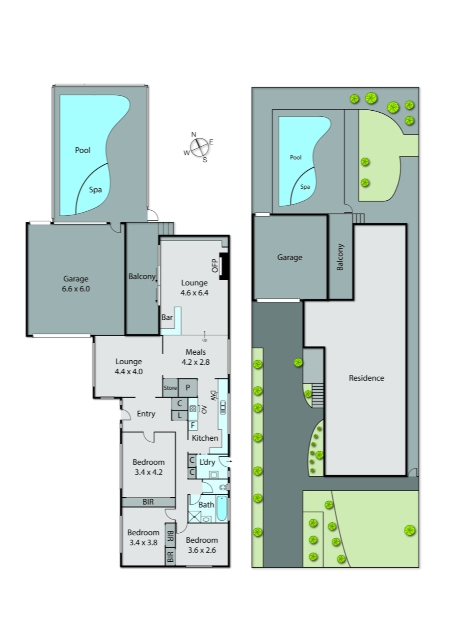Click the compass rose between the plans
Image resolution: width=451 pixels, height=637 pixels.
tap(199, 147)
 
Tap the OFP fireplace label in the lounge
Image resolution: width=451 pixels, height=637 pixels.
tap(215, 265)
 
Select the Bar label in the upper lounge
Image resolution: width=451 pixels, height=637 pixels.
tap(167, 317)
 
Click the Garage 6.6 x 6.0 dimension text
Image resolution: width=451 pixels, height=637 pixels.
tap(76, 289)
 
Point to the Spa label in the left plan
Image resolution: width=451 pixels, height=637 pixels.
tap(95, 190)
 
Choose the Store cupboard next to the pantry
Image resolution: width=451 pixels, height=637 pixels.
tap(170, 388)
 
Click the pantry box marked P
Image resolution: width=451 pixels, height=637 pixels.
tap(187, 388)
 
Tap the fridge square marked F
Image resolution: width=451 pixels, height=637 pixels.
tap(193, 426)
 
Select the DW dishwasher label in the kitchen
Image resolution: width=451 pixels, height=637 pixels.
tap(213, 396)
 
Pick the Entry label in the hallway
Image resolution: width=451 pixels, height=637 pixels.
tap(146, 414)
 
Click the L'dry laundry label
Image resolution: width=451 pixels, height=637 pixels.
tap(207, 462)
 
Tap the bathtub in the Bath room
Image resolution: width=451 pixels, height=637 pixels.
tap(222, 508)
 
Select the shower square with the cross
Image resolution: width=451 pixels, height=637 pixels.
tap(194, 516)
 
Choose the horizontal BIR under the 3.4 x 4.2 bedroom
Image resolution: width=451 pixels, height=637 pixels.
tap(148, 502)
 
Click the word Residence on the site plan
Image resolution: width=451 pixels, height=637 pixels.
tap(366, 378)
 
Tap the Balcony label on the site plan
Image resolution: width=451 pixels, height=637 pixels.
tap(340, 257)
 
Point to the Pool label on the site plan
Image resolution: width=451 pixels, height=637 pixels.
tap(295, 157)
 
